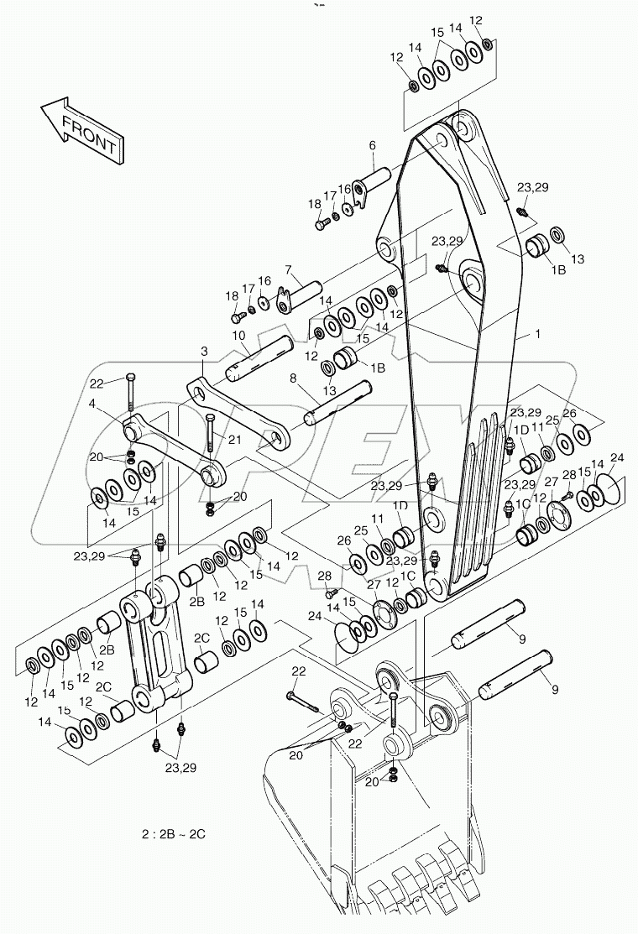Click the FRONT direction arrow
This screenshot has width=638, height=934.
click(81, 128)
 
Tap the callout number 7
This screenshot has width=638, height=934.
click(287, 269)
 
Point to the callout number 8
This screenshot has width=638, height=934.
click(293, 378)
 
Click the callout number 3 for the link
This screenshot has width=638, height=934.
click(203, 350)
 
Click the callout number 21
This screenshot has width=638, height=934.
click(234, 440)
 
